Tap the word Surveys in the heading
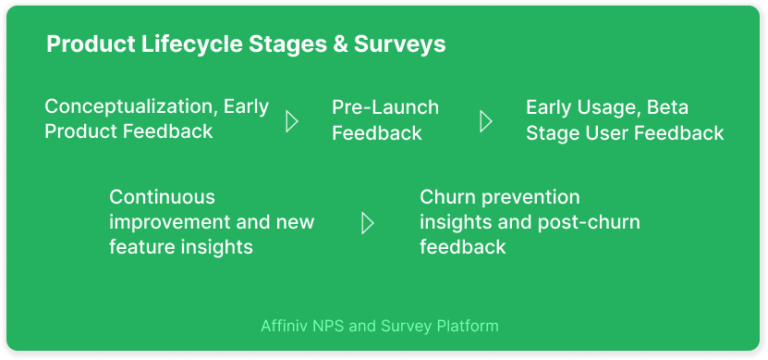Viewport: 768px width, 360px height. [401, 45]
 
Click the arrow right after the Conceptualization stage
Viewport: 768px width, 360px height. [292, 121]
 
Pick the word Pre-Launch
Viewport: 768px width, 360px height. [385, 107]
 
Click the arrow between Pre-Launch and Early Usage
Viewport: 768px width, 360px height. [486, 121]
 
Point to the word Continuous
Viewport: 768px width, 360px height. [162, 196]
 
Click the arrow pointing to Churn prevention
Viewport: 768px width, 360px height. [367, 222]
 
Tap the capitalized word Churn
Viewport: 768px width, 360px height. [446, 196]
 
